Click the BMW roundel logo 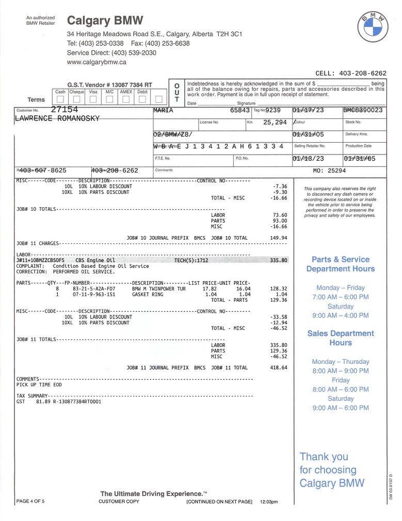pos(373,27)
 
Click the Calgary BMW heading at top pos(105,21)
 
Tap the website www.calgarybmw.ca pos(97,62)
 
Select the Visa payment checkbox pos(93,99)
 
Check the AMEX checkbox pos(126,99)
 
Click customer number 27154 pos(65,110)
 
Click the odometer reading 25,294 pos(275,122)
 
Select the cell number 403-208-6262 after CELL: pos(364,73)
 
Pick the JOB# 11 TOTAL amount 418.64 pos(278,368)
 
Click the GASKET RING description pos(148,294)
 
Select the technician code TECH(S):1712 pos(191,260)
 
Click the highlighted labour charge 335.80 pos(278,260)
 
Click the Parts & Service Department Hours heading pos(341,264)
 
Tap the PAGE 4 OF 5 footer pos(30,501)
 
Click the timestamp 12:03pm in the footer pos(269,502)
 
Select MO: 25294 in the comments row pos(329,170)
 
